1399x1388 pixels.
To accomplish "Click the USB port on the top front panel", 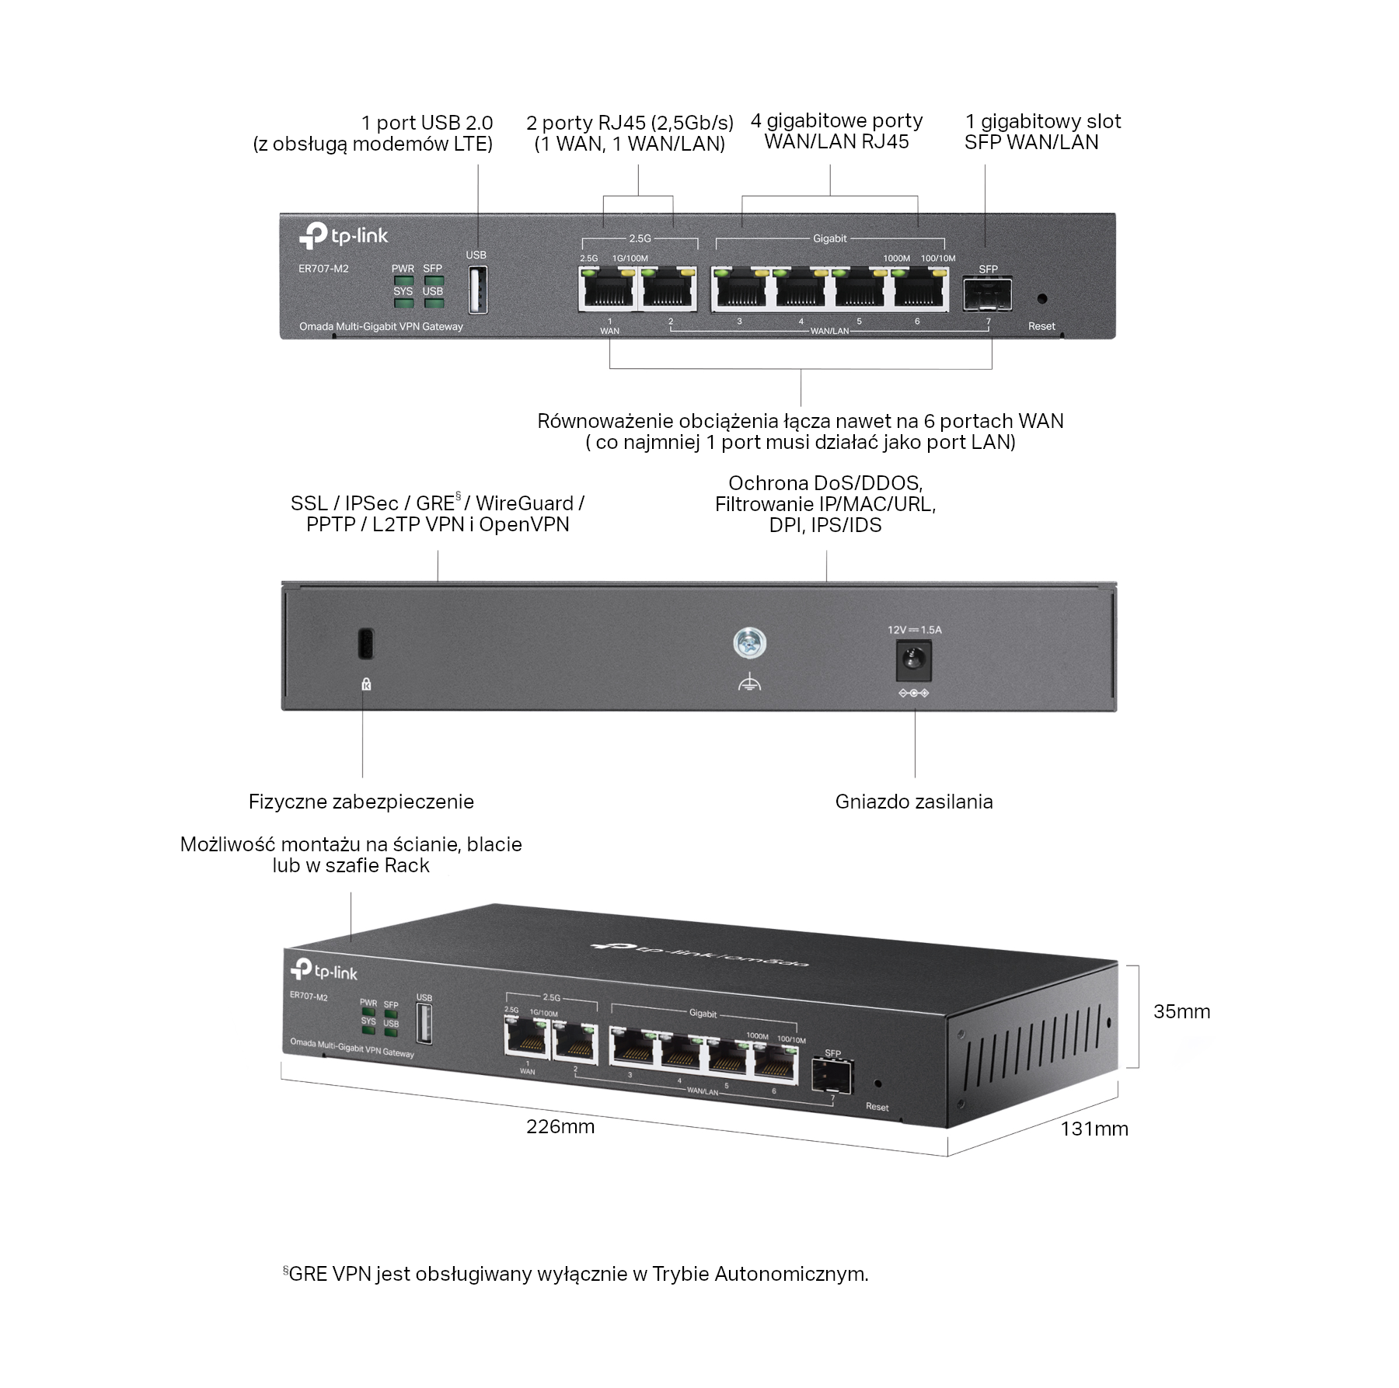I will [478, 290].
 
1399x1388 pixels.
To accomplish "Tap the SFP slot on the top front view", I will [987, 294].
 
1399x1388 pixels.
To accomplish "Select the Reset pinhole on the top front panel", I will [1042, 298].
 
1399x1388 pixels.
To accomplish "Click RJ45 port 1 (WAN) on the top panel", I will [607, 291].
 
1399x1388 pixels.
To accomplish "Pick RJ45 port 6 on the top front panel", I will [920, 291].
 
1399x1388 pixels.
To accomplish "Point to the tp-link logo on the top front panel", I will [344, 235].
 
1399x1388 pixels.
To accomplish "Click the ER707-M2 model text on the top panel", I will [323, 269].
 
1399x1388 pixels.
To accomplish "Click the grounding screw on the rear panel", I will [749, 644].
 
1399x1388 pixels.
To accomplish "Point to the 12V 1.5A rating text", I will [914, 630].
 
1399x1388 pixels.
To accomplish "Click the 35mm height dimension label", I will [1181, 1011].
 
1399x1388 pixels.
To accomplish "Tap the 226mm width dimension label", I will [560, 1126].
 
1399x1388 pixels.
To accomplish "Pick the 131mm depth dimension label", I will [1094, 1129].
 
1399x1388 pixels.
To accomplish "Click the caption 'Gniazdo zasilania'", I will [914, 802].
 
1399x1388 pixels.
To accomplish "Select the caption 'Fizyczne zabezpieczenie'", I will [361, 802].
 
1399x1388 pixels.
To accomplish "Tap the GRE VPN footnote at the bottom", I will [575, 1274].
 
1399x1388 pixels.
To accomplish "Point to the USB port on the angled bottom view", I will [424, 1024].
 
